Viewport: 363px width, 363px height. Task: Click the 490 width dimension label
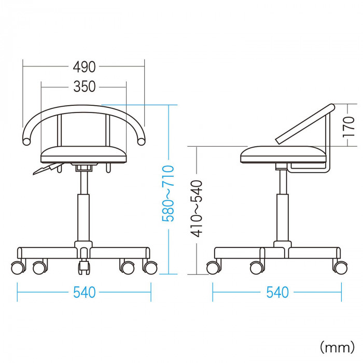point(84,67)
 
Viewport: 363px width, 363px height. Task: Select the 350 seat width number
point(84,87)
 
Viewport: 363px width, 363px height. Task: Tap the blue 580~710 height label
point(168,193)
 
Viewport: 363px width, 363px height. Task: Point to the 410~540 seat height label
point(197,208)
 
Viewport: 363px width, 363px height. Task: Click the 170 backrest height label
point(348,127)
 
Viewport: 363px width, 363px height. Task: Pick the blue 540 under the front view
point(84,292)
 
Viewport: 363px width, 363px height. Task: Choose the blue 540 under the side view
point(277,292)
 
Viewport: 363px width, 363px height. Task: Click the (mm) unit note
point(337,347)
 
